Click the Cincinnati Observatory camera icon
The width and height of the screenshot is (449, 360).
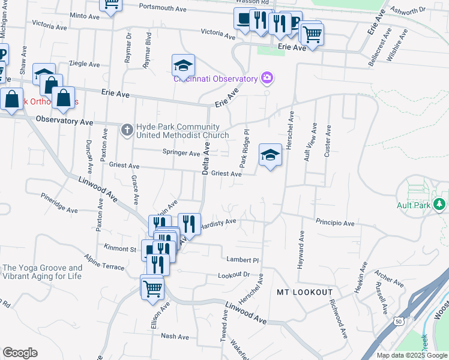click(x=267, y=77)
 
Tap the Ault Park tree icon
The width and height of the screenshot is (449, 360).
click(x=441, y=205)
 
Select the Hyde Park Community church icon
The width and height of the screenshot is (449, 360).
click(x=127, y=129)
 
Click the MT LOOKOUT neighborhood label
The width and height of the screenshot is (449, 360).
click(x=304, y=292)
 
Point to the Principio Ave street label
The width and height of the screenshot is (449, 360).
click(x=335, y=223)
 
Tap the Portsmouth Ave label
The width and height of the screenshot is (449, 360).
click(x=163, y=8)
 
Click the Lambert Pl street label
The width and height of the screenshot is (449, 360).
click(x=242, y=260)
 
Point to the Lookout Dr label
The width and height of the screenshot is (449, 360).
click(x=234, y=274)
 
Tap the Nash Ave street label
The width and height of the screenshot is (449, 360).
click(x=175, y=336)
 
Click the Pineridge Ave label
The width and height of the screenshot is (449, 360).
click(x=59, y=203)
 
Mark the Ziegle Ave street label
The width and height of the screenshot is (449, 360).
click(x=84, y=63)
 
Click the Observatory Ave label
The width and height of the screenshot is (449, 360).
click(x=64, y=121)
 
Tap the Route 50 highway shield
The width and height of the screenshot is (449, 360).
click(x=399, y=321)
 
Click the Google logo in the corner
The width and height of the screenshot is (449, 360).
click(x=20, y=353)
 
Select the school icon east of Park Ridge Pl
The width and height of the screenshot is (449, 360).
click(x=270, y=156)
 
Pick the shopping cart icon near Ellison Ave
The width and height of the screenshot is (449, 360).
click(x=152, y=287)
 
